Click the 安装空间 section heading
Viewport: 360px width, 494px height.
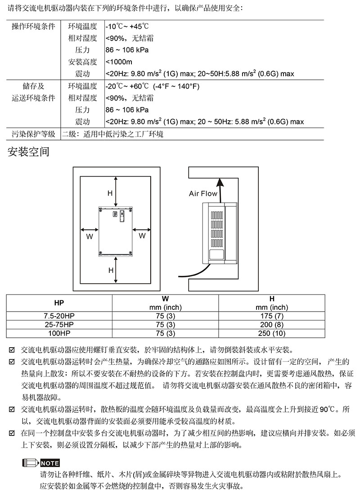[x=28, y=152]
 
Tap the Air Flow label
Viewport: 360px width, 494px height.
[x=203, y=194]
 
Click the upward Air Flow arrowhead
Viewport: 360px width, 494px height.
[x=220, y=181]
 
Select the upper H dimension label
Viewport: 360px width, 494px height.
[x=110, y=193]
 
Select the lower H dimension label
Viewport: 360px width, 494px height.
[x=110, y=270]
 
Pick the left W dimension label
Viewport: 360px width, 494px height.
[x=90, y=236]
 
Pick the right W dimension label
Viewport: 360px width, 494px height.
[x=142, y=236]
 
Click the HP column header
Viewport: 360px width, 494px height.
[x=59, y=303]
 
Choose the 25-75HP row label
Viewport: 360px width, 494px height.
[x=59, y=324]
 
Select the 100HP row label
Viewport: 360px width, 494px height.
[x=59, y=333]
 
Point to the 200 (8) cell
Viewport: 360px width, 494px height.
[x=272, y=324]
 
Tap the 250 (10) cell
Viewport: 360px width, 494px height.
[x=272, y=333]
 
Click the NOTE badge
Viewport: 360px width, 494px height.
[x=49, y=463]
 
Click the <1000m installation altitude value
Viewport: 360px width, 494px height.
[x=119, y=62]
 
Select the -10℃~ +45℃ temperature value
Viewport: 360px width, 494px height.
[x=127, y=26]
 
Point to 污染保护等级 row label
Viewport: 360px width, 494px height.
[x=33, y=134]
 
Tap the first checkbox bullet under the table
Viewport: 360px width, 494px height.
[x=12, y=349]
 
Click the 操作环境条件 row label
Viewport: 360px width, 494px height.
[x=33, y=26]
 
